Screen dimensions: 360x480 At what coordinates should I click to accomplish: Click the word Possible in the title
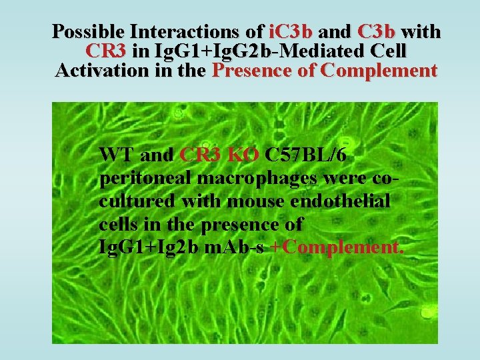click(89, 31)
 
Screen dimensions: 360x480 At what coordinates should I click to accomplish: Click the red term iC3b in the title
click(291, 31)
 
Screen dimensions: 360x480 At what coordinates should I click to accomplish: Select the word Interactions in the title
click(197, 31)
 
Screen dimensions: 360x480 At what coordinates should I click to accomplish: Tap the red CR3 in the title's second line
click(108, 51)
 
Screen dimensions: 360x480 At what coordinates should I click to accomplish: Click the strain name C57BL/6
click(305, 155)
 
